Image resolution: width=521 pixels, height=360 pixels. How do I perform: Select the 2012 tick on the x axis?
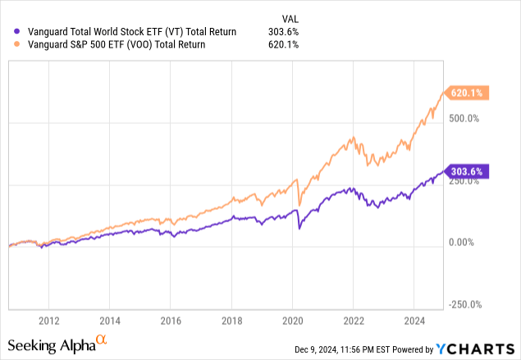(49, 320)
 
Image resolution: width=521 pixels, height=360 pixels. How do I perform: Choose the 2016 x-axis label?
(171, 320)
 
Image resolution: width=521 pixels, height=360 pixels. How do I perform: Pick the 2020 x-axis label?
(293, 320)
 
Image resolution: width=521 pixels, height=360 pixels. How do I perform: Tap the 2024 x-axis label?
(414, 320)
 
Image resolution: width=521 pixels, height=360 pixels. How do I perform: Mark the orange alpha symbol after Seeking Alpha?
(101, 340)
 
